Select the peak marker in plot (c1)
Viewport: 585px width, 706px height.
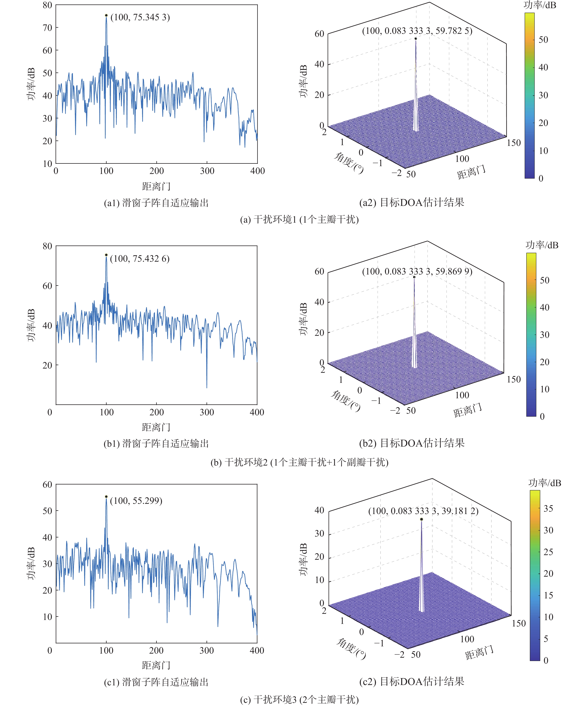click(106, 497)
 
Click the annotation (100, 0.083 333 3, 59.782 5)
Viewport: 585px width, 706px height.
click(417, 31)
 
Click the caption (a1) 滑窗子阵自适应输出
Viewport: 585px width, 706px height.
click(156, 203)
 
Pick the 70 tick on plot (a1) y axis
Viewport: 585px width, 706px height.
click(47, 28)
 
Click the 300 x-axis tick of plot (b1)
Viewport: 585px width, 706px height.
click(207, 412)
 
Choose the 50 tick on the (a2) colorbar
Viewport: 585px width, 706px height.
click(543, 40)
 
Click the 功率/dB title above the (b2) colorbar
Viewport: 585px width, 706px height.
click(542, 245)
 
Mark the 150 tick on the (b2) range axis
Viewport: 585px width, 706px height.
click(514, 379)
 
